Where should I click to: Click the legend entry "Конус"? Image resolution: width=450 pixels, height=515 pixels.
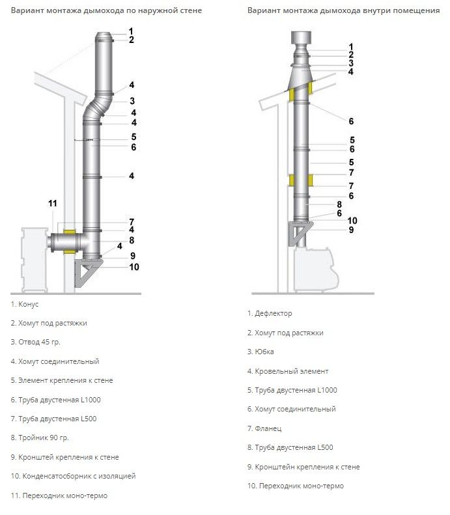click(24, 304)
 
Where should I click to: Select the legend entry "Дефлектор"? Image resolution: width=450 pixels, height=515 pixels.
click(270, 313)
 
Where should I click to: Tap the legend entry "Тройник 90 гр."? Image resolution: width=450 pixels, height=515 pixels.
click(40, 438)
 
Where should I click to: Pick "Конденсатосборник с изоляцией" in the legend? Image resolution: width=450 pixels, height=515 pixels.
click(73, 476)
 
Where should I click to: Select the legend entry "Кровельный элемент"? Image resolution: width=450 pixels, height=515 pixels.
click(287, 371)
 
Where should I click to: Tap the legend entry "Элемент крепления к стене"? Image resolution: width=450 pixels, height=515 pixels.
click(62, 380)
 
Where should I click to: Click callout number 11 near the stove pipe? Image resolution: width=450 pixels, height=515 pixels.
click(53, 204)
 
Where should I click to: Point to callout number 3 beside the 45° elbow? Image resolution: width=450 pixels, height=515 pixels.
click(132, 101)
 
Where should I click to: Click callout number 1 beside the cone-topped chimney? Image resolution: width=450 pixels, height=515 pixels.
click(131, 31)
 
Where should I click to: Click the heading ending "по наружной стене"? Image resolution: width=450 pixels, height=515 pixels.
click(106, 11)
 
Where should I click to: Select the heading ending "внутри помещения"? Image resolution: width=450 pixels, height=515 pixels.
click(343, 11)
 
